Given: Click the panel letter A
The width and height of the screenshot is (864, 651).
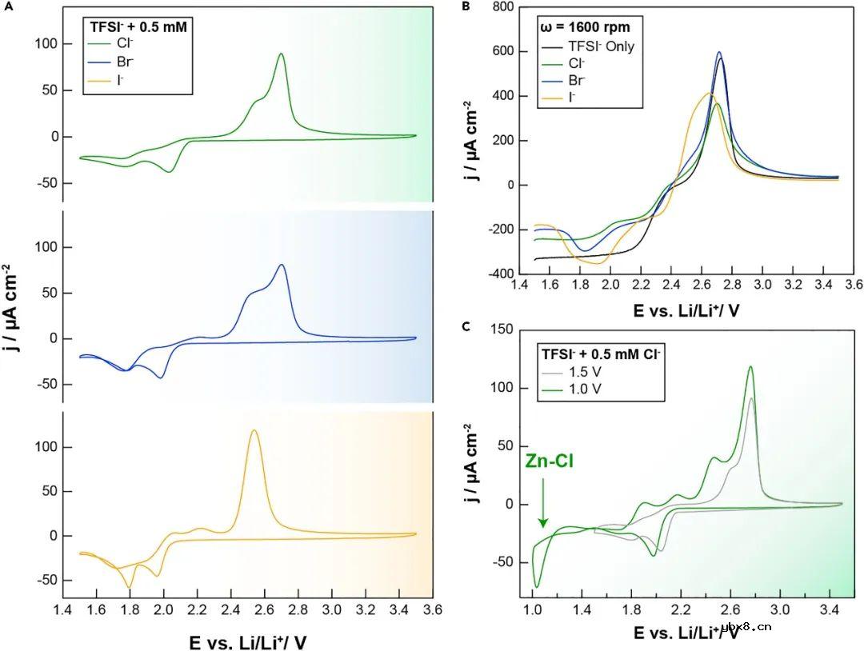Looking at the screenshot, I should tap(6, 5).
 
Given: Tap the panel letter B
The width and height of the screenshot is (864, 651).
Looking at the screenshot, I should tap(466, 6).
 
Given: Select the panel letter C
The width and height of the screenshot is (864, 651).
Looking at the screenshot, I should tap(466, 325).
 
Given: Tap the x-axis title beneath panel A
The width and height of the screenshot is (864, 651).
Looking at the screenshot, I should tap(248, 640).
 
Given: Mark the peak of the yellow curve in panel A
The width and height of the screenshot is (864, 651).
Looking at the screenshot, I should tap(254, 431).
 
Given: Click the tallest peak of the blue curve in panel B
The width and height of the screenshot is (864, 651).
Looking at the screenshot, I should tap(719, 53).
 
